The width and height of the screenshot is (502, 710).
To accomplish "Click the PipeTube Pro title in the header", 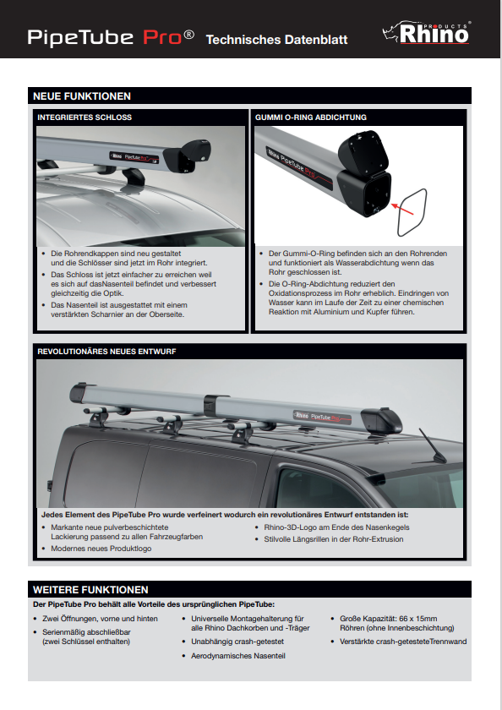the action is [111, 37].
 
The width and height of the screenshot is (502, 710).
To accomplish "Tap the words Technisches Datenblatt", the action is [276, 40].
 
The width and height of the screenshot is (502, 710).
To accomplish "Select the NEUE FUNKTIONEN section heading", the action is [82, 96].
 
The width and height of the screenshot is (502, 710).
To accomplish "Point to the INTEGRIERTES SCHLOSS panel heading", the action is [85, 117].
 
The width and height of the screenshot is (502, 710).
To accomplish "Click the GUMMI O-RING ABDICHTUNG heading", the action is [311, 117].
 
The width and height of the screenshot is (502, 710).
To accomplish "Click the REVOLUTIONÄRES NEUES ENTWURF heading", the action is [106, 352].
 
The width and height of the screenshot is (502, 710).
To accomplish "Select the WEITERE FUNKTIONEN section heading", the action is [90, 590].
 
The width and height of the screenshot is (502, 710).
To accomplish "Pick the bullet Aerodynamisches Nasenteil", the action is [238, 656].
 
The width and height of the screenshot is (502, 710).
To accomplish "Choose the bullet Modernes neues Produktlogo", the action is [101, 549].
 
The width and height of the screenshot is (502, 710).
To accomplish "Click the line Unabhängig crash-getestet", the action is [237, 642].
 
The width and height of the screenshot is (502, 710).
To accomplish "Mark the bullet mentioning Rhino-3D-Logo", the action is [336, 527].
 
